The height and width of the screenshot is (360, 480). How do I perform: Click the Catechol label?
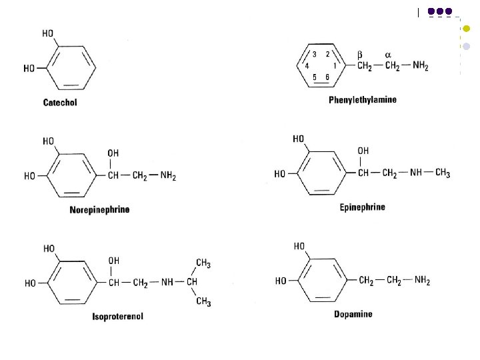[60, 103]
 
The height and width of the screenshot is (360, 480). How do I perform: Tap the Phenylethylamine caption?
[363, 100]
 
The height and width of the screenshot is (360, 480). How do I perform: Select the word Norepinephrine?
[100, 210]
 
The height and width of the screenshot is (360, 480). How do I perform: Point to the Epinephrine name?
[363, 207]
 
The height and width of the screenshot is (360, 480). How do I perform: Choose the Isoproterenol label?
[118, 316]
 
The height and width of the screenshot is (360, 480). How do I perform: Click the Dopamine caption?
[353, 314]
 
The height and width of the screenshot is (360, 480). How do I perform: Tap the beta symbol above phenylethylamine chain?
[360, 53]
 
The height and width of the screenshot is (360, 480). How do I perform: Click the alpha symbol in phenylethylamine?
[387, 53]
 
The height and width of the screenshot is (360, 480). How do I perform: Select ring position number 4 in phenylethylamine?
[307, 66]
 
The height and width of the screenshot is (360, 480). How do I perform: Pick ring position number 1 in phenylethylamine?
[335, 66]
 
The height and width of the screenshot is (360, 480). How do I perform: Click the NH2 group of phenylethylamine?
[420, 66]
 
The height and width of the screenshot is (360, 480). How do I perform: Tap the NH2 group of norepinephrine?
[167, 175]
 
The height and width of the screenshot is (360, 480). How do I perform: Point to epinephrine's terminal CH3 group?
[442, 174]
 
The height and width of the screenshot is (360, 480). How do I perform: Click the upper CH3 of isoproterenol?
[203, 264]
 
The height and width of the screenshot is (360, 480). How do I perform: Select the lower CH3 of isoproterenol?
[203, 302]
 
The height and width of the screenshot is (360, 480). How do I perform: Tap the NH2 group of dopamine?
[421, 281]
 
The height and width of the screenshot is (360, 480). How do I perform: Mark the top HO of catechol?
[49, 34]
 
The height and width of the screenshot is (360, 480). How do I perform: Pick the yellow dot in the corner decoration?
[466, 29]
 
